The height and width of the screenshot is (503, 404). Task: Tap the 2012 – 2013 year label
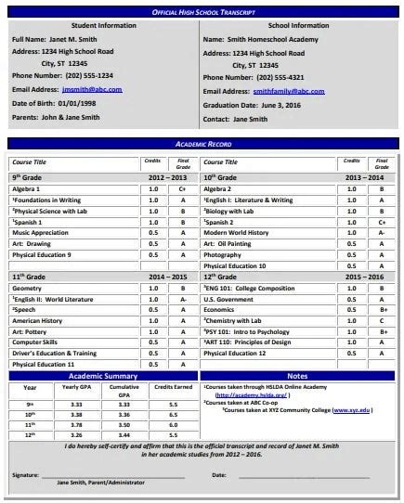(x=167, y=175)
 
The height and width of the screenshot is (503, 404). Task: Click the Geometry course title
(x=27, y=289)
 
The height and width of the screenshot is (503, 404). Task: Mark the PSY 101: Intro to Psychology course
(x=247, y=331)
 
